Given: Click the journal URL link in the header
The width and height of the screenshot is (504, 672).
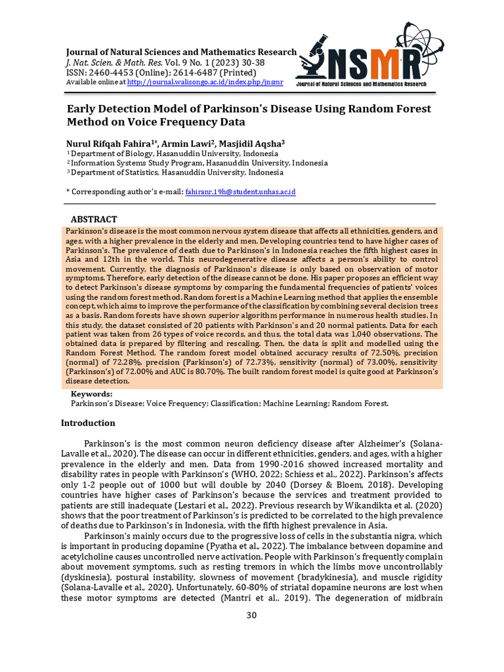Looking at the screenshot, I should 205,83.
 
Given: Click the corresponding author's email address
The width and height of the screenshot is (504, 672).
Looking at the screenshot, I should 240,192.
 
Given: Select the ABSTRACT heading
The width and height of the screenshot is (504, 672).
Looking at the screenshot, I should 94,219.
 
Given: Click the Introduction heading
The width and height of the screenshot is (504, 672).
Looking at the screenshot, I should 88,423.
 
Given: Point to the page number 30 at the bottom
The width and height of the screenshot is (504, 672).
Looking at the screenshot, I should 251,615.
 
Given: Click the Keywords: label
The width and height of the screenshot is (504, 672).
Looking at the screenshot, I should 91,394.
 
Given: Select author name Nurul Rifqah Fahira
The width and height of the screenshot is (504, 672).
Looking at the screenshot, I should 108,143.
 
